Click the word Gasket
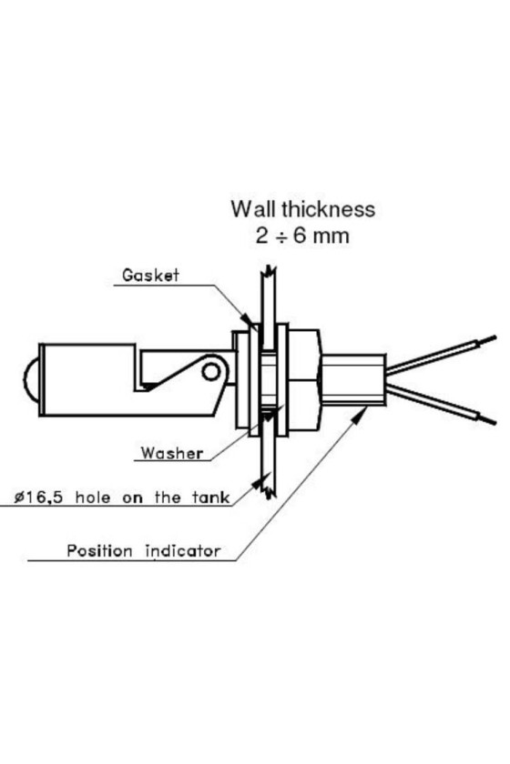click(150, 275)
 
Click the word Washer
click(172, 453)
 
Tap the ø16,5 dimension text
click(38, 498)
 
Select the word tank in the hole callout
click(210, 498)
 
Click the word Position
click(99, 551)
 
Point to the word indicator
click(183, 551)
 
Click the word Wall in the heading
click(253, 209)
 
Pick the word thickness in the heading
click(328, 209)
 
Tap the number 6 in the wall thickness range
click(299, 236)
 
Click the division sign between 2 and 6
click(280, 236)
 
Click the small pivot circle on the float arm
click(211, 372)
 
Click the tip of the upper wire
click(495, 337)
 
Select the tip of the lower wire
click(495, 422)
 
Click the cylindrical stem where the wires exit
click(353, 380)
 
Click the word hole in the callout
click(93, 498)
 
